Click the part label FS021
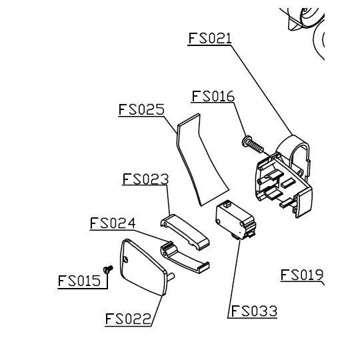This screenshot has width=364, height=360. (210, 38)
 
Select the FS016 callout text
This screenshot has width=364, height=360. (213, 96)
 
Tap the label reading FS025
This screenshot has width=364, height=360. (141, 109)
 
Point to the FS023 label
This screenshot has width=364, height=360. (145, 179)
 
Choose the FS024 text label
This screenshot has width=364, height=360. (113, 223)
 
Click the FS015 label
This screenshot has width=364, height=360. (79, 281)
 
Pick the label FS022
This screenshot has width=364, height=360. (128, 319)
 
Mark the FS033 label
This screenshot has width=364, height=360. (254, 311)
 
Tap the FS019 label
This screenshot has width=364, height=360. (302, 275)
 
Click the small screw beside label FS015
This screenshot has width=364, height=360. (108, 269)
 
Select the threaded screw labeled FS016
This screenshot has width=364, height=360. (253, 145)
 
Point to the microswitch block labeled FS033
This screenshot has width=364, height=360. (235, 221)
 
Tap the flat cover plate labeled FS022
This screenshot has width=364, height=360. (143, 267)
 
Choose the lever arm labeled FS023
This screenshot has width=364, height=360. (185, 231)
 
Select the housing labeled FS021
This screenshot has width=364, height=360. (285, 177)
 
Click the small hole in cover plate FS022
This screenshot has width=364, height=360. (126, 260)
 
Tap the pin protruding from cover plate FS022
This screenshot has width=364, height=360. (171, 276)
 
